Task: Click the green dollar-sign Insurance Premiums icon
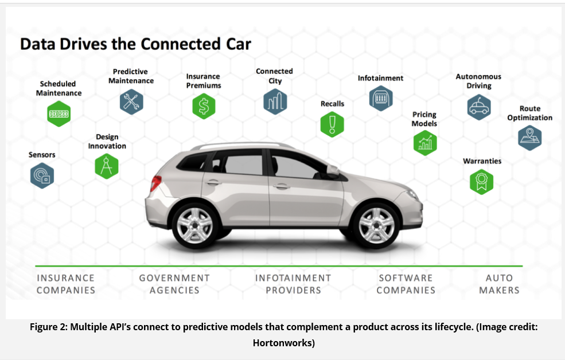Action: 204,106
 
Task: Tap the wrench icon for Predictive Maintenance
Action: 131,102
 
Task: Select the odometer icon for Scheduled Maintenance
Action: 59,114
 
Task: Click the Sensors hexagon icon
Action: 42,175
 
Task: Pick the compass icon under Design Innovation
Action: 107,166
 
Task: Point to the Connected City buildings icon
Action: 275,102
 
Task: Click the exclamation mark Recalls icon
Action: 332,124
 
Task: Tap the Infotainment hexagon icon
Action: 381,98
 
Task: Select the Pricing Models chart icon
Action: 425,143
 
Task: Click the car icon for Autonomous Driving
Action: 479,107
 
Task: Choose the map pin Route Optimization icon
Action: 529,138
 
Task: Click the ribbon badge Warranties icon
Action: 481,182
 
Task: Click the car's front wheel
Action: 376,225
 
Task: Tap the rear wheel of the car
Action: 195,225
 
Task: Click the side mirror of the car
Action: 332,170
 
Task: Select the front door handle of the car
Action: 282,186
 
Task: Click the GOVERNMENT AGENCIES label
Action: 174,284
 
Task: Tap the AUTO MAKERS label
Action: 499,284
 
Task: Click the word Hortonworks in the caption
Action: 283,343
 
